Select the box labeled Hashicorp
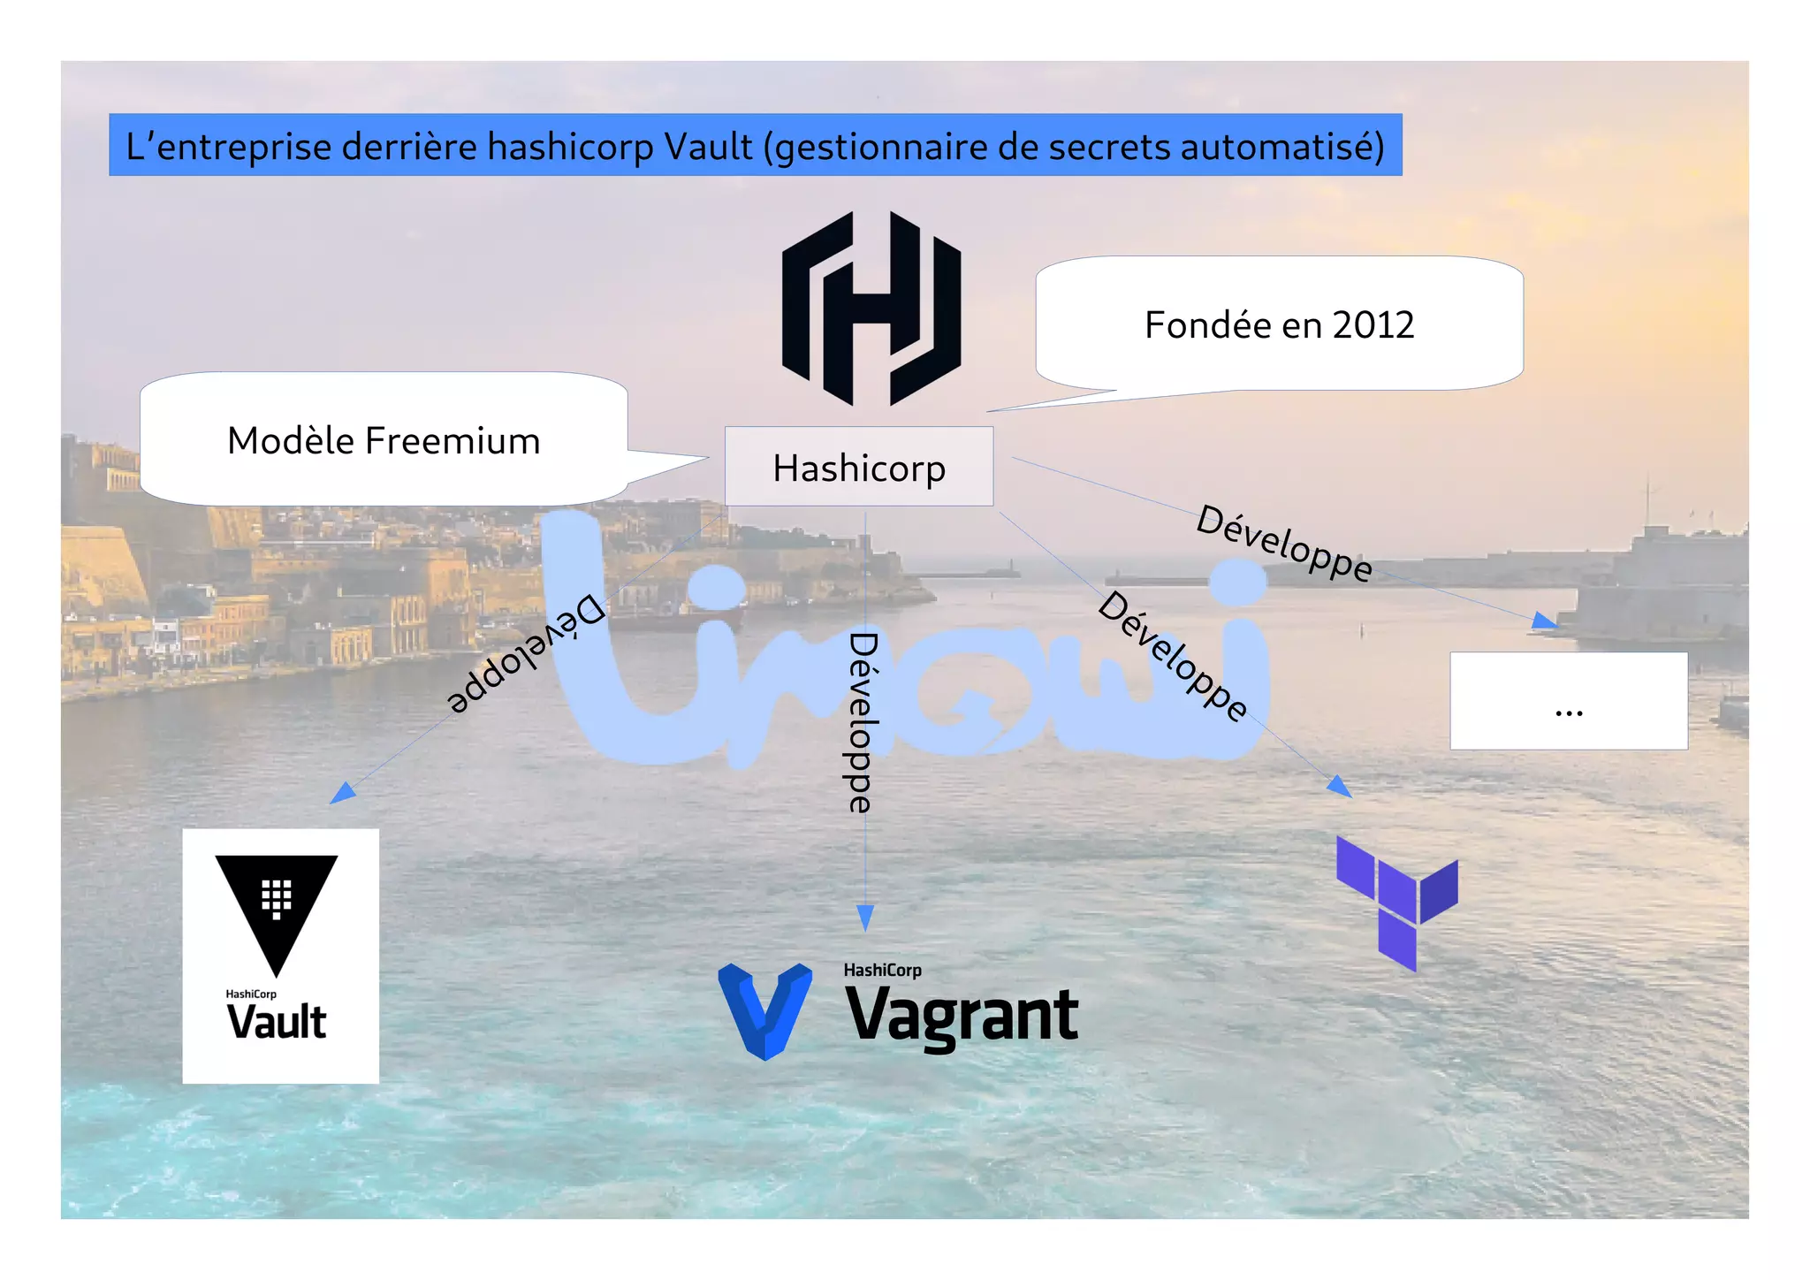pyautogui.click(x=858, y=467)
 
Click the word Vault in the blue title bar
pyautogui.click(x=708, y=147)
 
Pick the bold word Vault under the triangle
pyautogui.click(x=277, y=1022)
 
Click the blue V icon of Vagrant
pyautogui.click(x=765, y=1010)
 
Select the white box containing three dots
pyautogui.click(x=1568, y=701)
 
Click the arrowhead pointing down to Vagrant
pyautogui.click(x=865, y=918)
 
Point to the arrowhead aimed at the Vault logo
pyautogui.click(x=342, y=793)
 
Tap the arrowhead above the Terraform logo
pyautogui.click(x=1340, y=786)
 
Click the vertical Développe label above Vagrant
pyautogui.click(x=861, y=722)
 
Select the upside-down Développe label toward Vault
pyautogui.click(x=526, y=654)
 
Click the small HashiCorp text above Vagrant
pyautogui.click(x=882, y=970)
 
